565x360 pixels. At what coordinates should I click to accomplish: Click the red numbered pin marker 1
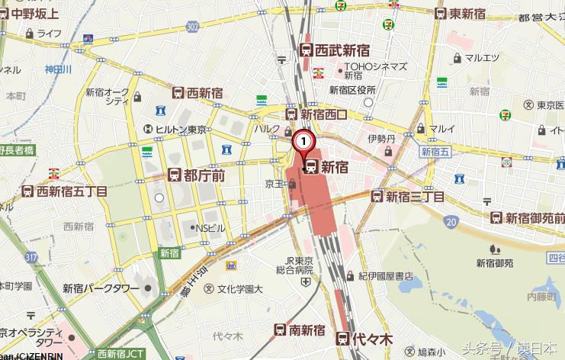click(303, 140)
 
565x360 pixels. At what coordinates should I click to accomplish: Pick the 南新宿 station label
click(300, 330)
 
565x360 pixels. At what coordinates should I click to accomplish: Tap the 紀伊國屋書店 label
click(386, 275)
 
